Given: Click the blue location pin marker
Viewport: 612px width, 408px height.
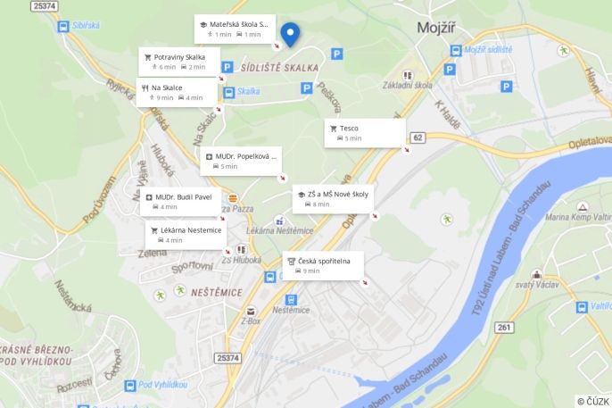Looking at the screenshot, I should coord(289,34).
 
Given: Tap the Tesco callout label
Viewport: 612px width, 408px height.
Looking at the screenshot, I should coord(365,133).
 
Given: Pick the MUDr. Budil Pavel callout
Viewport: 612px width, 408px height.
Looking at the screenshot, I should coord(182,201).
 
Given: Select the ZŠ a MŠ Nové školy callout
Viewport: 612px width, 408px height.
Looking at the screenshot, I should coord(332,198).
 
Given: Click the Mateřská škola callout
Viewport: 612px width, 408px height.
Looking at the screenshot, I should coord(235,29).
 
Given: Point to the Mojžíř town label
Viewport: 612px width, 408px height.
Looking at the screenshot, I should coord(437,28).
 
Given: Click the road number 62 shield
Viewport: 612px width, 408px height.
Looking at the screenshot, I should coord(418,137).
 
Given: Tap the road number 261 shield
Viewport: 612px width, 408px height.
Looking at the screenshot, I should coord(505,328).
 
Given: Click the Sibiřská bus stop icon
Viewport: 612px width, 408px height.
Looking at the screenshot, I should coord(63,27).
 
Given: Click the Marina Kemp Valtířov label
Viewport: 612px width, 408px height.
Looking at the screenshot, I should coord(578,216).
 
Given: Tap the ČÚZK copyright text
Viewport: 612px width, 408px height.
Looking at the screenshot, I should coord(593,401).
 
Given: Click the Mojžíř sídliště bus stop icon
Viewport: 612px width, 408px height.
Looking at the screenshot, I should coord(455,51).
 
